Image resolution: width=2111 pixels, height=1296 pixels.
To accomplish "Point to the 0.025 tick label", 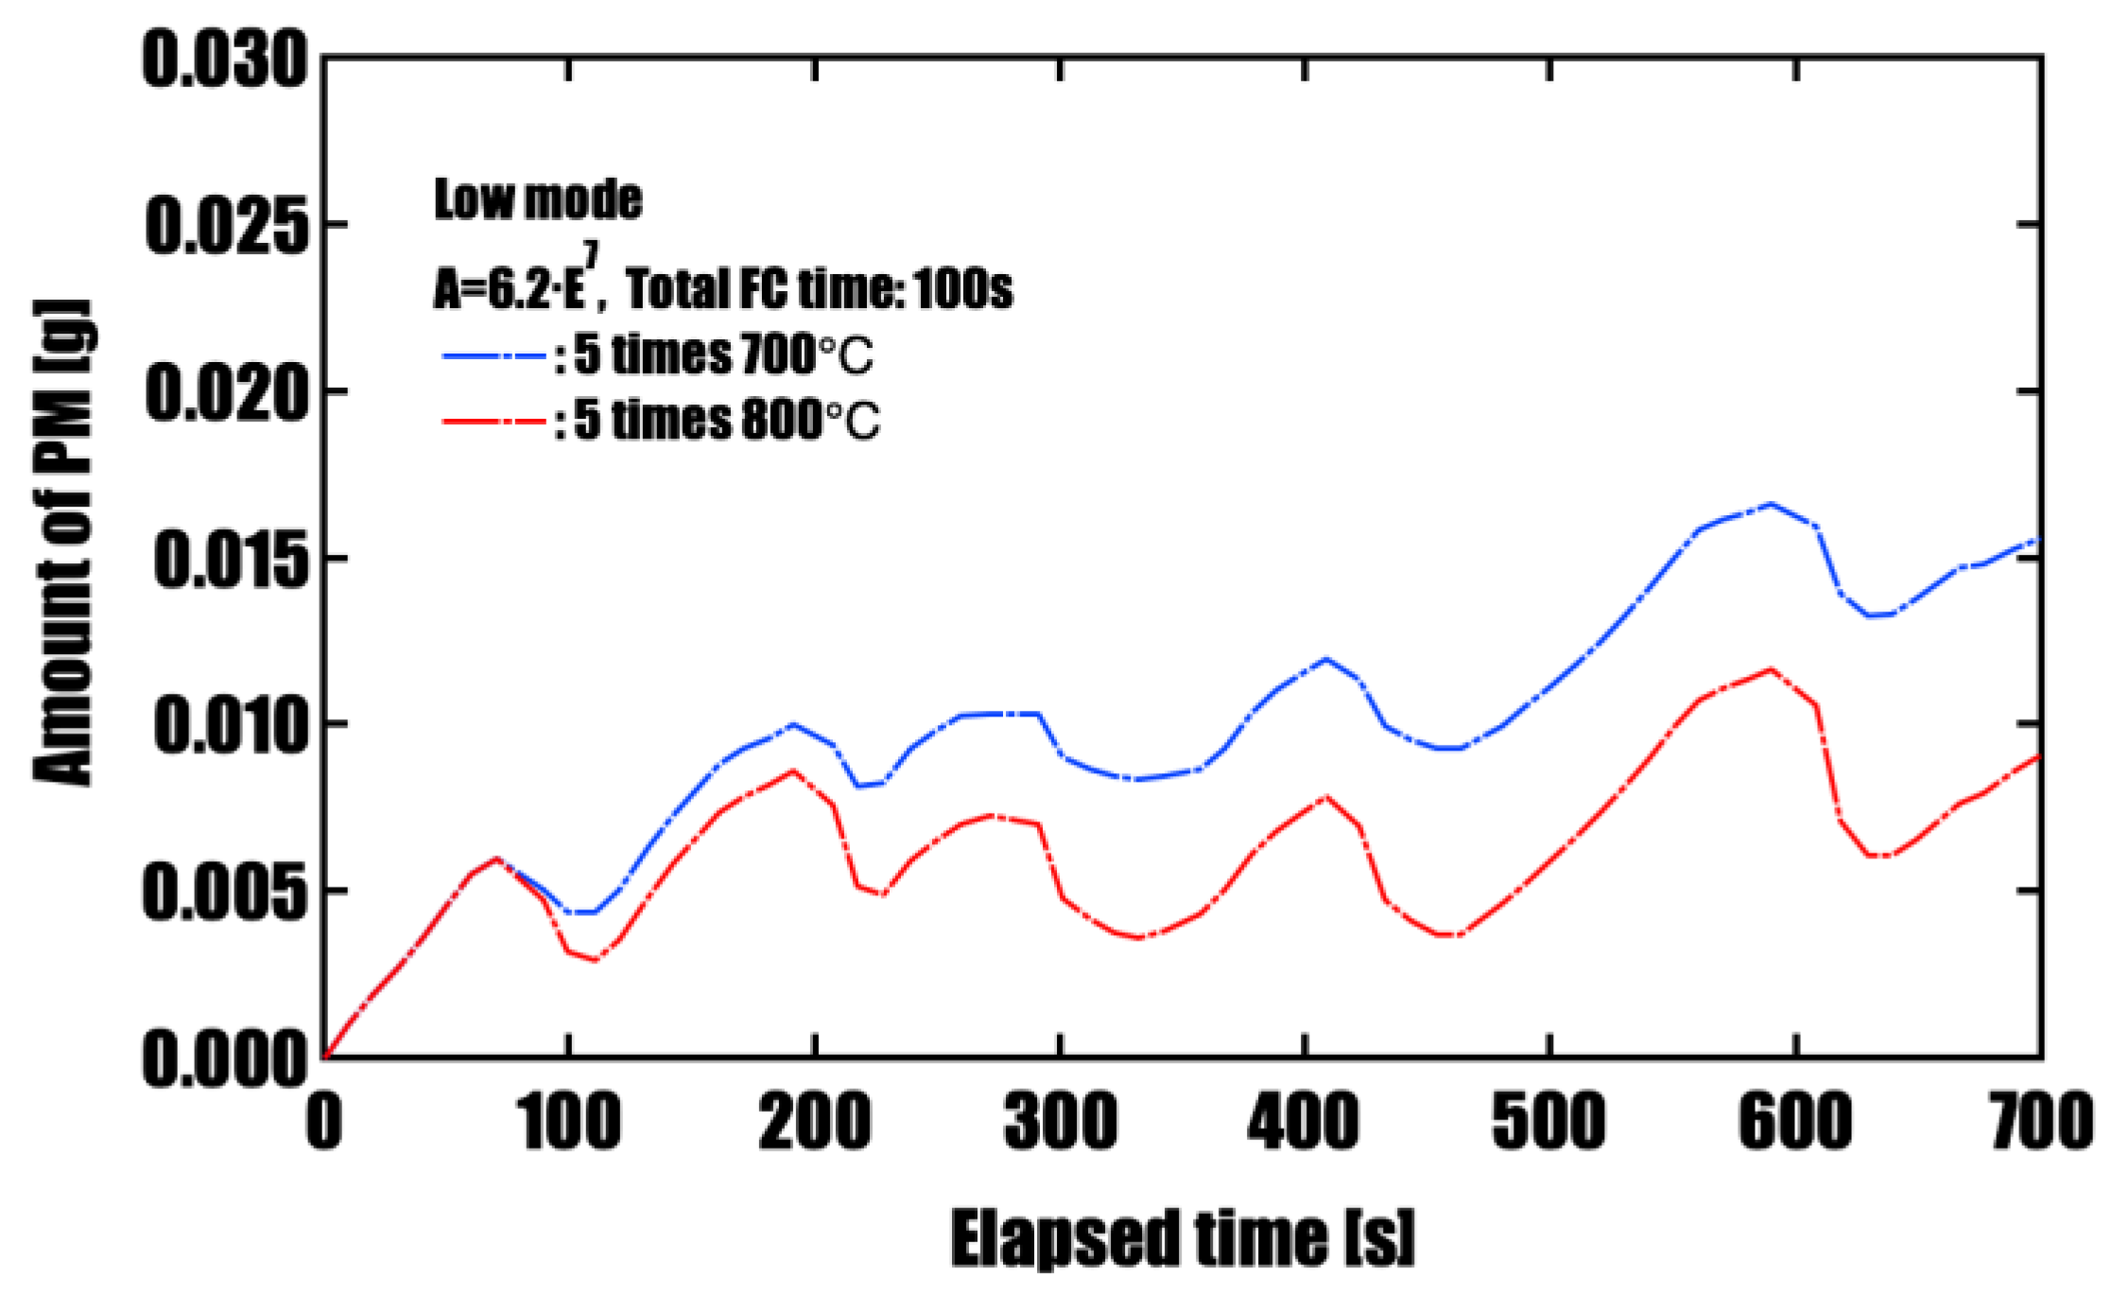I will tap(227, 226).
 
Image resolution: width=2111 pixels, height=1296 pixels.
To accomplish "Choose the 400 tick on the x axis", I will tap(1304, 1122).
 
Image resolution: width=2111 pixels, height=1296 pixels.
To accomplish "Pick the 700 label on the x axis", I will tap(2042, 1122).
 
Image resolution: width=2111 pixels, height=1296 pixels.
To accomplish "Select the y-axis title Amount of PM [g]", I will tap(63, 544).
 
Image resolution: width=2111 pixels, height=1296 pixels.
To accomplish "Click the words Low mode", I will tap(538, 199).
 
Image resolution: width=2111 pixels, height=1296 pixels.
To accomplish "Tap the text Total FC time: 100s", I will tap(819, 288).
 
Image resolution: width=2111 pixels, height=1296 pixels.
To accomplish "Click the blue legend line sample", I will tap(494, 356).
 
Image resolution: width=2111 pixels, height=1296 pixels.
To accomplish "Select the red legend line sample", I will tap(494, 421).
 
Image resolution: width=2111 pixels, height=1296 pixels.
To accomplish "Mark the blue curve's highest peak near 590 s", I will tap(1770, 504).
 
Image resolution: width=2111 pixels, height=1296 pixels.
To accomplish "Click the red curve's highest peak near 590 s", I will tap(1771, 669).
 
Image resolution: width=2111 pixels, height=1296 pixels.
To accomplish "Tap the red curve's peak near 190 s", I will tap(793, 770).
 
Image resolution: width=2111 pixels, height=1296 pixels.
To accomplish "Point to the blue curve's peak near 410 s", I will tap(1325, 659).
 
